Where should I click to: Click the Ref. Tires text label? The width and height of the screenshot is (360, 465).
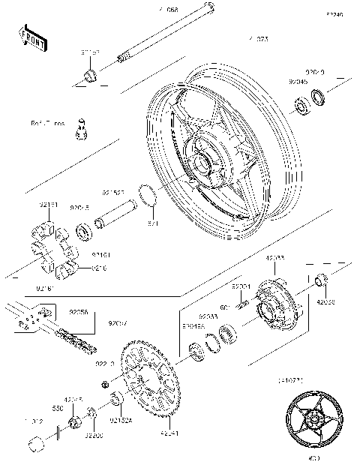(47, 121)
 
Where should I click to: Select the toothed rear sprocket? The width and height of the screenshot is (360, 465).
(150, 383)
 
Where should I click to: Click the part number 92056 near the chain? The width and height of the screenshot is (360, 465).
(79, 312)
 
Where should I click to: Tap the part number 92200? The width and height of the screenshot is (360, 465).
(94, 434)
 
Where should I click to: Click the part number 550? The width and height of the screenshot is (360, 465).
(58, 408)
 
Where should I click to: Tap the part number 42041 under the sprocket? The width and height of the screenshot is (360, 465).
(169, 433)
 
